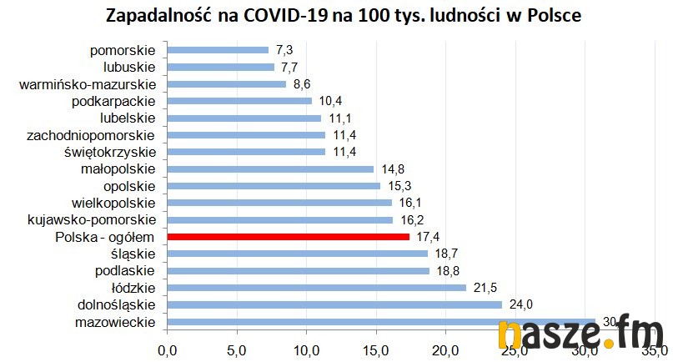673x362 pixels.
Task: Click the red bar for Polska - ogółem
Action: tap(289, 237)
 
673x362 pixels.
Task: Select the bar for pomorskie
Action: tap(218, 50)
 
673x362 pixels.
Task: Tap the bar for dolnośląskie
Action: tap(334, 304)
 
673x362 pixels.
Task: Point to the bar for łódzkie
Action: tap(317, 288)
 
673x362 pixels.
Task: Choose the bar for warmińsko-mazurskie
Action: tap(227, 84)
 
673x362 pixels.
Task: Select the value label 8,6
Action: tap(303, 84)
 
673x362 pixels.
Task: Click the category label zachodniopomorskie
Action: tap(91, 134)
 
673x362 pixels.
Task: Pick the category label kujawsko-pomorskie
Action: tap(92, 219)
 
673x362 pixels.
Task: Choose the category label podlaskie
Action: tap(126, 270)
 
